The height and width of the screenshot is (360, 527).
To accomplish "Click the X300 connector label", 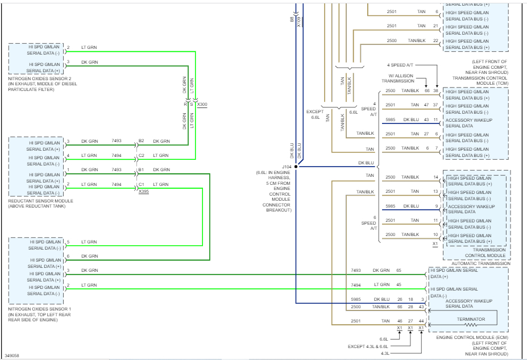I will (202, 104).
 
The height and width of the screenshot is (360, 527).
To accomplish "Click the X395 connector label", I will (143, 191).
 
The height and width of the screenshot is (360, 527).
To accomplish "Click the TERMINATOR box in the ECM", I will (471, 319).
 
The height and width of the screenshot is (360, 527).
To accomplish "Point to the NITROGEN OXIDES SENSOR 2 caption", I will (39, 78).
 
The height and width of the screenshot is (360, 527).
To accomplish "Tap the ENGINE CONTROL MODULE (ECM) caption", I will (467, 338).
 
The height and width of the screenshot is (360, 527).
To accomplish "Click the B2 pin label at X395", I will (141, 141).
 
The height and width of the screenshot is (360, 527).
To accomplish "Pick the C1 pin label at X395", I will (141, 184).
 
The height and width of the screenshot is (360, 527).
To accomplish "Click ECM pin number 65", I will (399, 270).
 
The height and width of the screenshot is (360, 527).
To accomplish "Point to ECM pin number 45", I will (399, 284).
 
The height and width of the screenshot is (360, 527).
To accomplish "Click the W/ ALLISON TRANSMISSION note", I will (402, 78).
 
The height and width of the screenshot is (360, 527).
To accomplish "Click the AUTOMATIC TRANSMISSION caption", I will (480, 263).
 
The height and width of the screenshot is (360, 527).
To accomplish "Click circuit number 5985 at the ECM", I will (356, 299).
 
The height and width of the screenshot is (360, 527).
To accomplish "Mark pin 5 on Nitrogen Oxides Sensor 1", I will (68, 242).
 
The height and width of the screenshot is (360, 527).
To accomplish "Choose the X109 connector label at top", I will (299, 22).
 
